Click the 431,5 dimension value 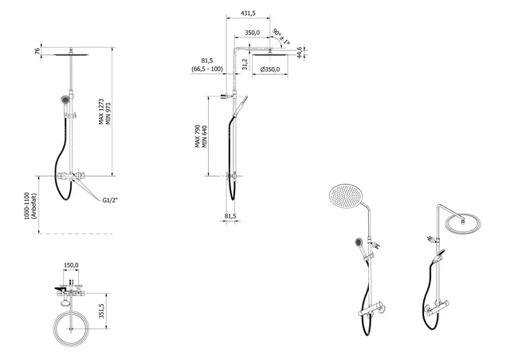(248, 14)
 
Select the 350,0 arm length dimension (252, 33)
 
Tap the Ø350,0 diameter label (269, 69)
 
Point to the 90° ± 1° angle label (281, 37)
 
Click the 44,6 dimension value (300, 53)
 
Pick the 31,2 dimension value (245, 64)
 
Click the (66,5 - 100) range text (207, 69)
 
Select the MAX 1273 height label (101, 112)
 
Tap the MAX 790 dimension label (198, 136)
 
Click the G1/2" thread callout (110, 201)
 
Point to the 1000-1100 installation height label (27, 205)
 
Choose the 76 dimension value (37, 51)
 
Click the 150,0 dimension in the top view (71, 265)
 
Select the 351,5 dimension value (101, 311)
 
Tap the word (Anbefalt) (34, 205)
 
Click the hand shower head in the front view (65, 100)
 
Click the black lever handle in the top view (61, 288)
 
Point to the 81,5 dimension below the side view (230, 216)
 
